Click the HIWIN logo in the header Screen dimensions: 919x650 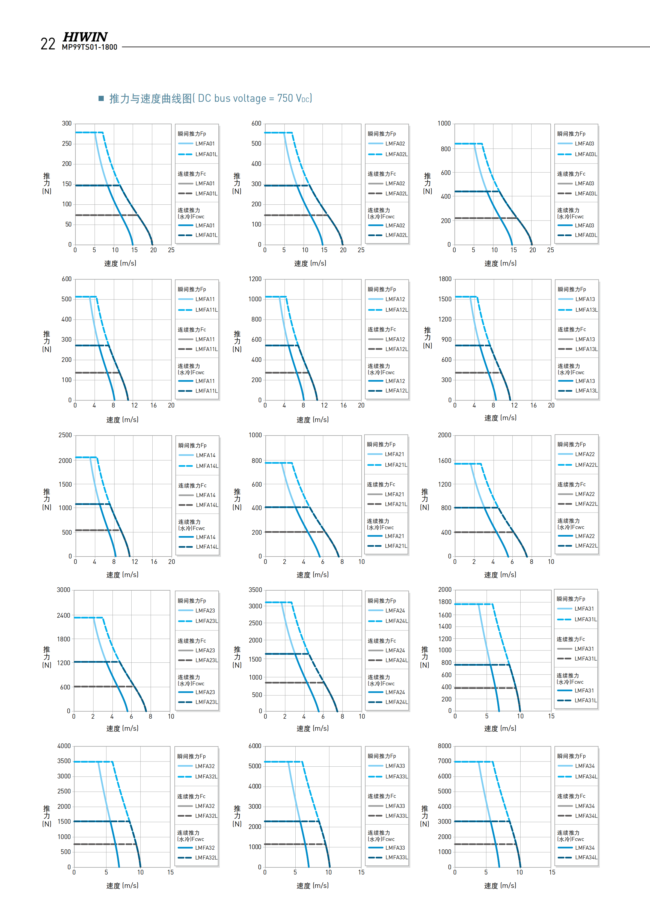(x=85, y=37)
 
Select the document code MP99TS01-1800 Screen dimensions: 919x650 (x=90, y=47)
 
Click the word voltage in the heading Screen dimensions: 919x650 (x=247, y=99)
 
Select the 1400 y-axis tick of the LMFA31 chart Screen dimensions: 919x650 (x=445, y=626)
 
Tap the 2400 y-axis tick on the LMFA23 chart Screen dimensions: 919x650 (x=64, y=615)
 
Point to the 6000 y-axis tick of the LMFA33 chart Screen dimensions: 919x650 (x=255, y=746)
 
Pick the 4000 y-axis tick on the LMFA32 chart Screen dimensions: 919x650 (x=64, y=746)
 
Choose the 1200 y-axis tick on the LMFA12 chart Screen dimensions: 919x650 (x=255, y=279)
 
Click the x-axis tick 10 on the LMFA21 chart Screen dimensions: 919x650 (x=361, y=561)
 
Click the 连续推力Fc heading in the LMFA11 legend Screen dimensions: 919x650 (x=192, y=330)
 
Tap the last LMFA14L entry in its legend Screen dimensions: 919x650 (x=207, y=547)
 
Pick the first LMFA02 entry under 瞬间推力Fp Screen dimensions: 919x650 (x=395, y=144)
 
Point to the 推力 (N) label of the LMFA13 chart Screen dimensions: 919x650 (x=428, y=337)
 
